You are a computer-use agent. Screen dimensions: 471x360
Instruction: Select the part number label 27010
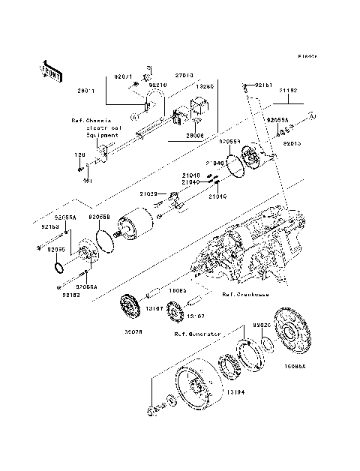click(x=184, y=76)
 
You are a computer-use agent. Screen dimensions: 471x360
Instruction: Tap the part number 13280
click(x=205, y=86)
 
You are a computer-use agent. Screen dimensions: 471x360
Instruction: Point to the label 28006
click(x=195, y=136)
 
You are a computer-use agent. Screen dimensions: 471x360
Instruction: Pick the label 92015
click(x=293, y=142)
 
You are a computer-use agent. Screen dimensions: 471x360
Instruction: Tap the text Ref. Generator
click(x=197, y=333)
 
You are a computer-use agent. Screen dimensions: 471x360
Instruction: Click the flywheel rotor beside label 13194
click(x=196, y=389)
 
